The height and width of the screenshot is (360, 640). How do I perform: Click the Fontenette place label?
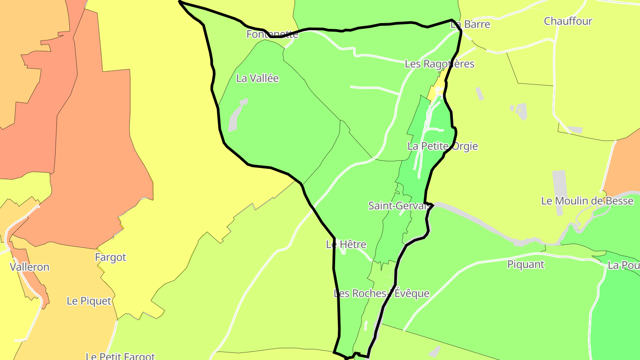(x=272, y=34)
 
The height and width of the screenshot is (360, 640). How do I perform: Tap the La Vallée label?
(x=257, y=78)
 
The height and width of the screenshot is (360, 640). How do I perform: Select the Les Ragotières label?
(x=440, y=64)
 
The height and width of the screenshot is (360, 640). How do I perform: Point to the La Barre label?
(x=470, y=24)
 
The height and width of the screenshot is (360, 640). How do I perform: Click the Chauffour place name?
(x=568, y=21)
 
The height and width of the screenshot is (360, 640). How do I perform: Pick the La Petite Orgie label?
(x=443, y=146)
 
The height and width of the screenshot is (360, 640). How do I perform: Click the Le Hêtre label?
(x=346, y=244)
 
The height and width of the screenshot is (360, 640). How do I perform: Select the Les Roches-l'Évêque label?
(x=381, y=293)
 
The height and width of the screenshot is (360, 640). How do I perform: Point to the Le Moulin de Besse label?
(x=587, y=201)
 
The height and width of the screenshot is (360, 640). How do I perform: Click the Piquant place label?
(x=526, y=264)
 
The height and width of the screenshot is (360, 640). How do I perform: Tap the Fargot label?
(x=111, y=257)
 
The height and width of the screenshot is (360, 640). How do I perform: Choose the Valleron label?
(x=30, y=267)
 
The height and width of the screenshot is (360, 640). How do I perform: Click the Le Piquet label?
(x=89, y=301)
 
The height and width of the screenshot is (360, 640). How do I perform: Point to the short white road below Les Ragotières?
(x=374, y=89)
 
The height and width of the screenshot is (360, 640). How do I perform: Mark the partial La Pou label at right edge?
(x=624, y=265)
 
